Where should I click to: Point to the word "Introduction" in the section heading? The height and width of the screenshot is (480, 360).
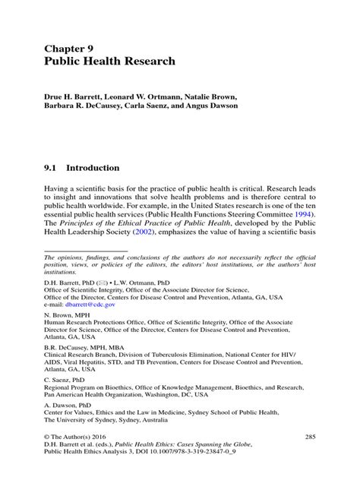click(92, 167)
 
